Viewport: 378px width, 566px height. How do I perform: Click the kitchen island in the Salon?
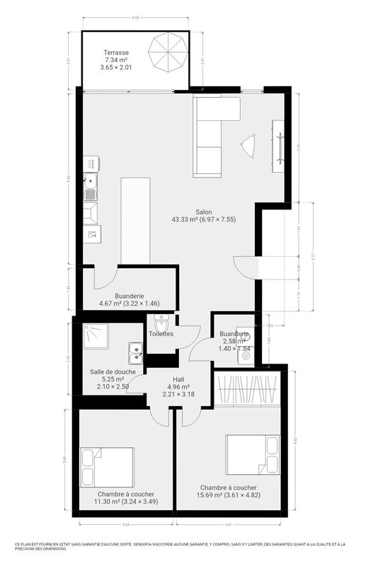click(x=137, y=221)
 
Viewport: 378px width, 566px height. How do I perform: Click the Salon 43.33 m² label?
click(x=204, y=216)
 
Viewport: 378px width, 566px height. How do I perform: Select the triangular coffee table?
click(x=248, y=146)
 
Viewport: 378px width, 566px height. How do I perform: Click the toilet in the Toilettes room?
click(x=162, y=325)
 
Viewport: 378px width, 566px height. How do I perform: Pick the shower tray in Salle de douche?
click(x=96, y=337)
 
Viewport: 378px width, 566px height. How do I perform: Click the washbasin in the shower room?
click(x=135, y=352)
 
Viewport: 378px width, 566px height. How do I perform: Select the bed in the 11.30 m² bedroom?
click(x=107, y=468)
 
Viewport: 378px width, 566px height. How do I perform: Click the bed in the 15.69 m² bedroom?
click(x=252, y=454)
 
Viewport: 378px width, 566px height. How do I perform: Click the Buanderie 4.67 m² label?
click(x=130, y=300)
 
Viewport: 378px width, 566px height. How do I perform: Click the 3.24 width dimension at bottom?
click(x=125, y=525)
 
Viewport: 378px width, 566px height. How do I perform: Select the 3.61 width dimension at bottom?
click(x=229, y=525)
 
